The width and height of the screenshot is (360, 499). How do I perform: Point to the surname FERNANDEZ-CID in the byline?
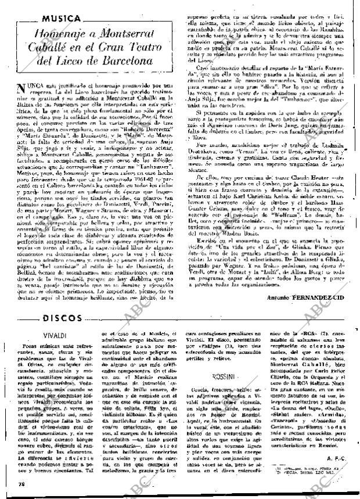click(x=322, y=297)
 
